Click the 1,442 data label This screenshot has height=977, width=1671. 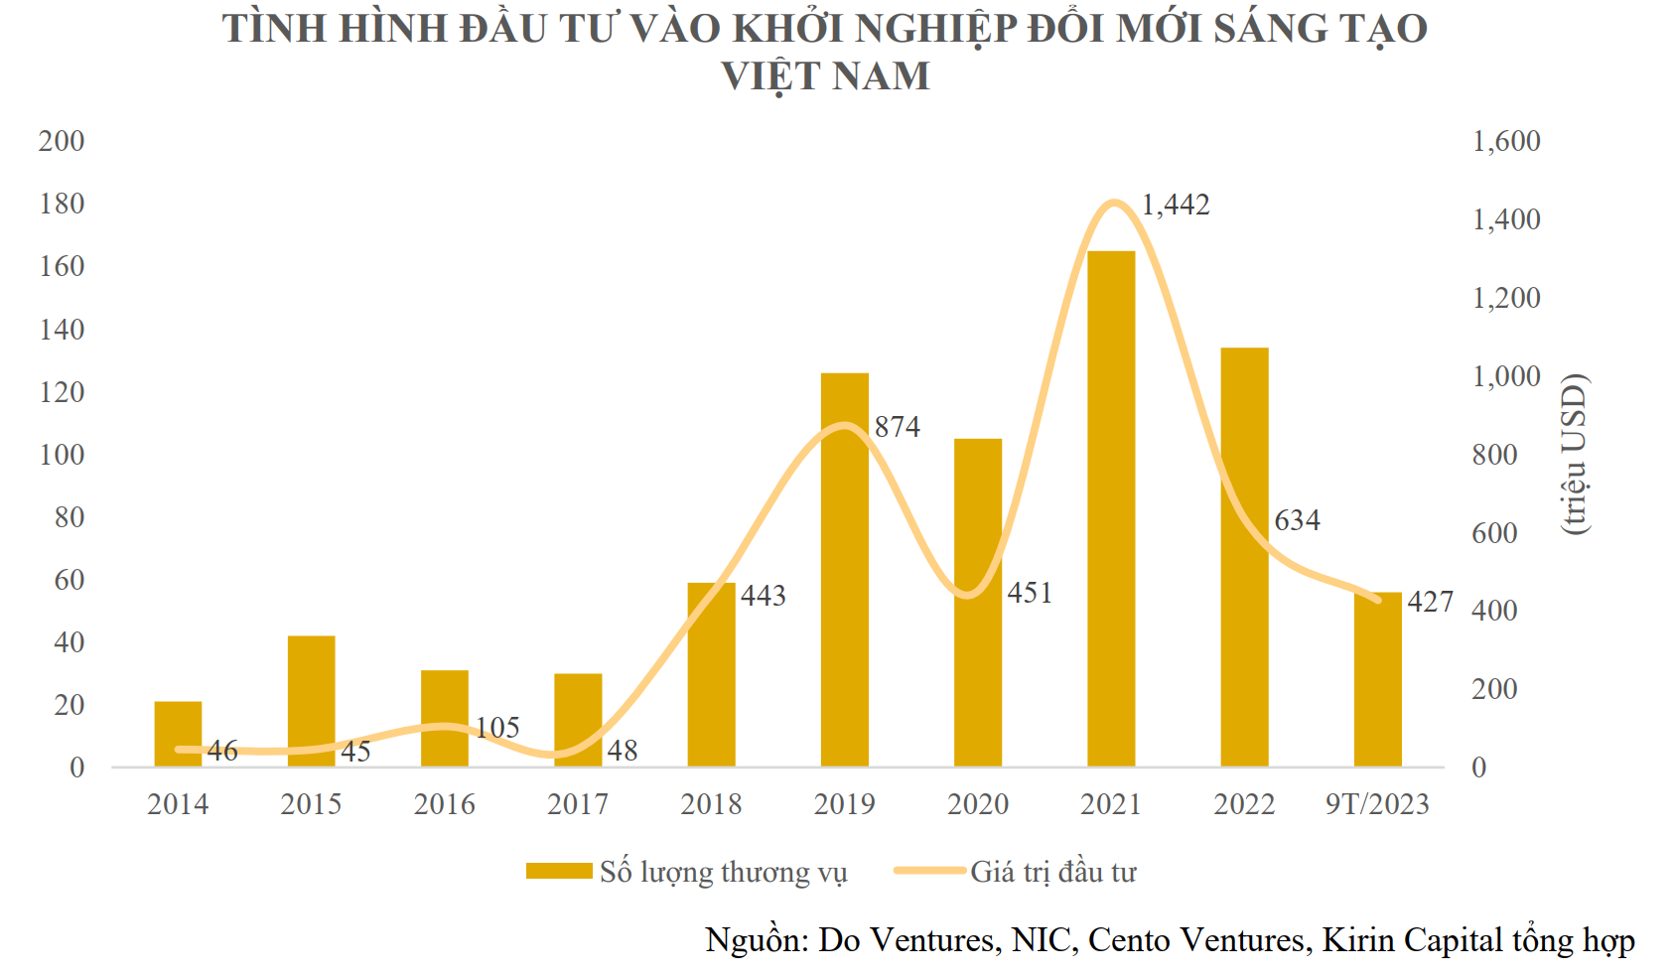[x=1176, y=205]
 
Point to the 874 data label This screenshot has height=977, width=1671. [x=898, y=427]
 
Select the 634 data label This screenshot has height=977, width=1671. [x=1297, y=520]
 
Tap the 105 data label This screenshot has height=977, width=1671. [x=497, y=728]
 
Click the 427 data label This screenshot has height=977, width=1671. [x=1431, y=602]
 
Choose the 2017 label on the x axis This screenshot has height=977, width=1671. [x=578, y=804]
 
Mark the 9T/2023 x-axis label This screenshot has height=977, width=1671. [x=1377, y=804]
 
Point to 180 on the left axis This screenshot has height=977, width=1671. [x=62, y=204]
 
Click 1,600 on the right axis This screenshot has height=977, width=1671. [x=1506, y=141]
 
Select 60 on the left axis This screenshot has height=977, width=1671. [x=70, y=580]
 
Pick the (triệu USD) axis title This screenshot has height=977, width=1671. [x=1575, y=455]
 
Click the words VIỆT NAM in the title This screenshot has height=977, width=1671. [x=825, y=76]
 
